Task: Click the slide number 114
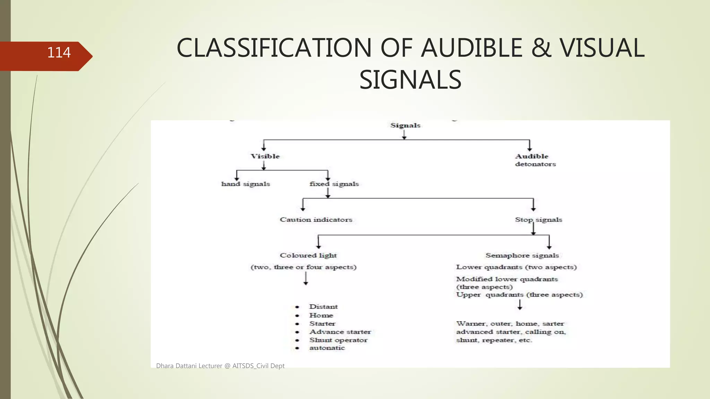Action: coord(59,53)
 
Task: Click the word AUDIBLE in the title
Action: coord(471,48)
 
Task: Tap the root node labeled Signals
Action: coord(405,125)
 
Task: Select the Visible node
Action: coord(265,156)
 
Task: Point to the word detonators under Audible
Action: coord(535,164)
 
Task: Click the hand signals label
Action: coord(245,184)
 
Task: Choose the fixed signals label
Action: coord(334,184)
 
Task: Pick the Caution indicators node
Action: coord(316,220)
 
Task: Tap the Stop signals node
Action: coord(538,220)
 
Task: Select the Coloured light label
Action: coord(308,255)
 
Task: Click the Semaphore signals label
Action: coord(522,255)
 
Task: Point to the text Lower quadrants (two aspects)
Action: coord(516,267)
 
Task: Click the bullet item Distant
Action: coord(323,307)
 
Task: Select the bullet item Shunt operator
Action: coord(338,340)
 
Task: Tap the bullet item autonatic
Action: coord(327,348)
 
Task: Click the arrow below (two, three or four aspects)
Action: coord(306,278)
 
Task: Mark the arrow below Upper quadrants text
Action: coord(520,305)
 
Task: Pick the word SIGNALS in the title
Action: coord(410,80)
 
